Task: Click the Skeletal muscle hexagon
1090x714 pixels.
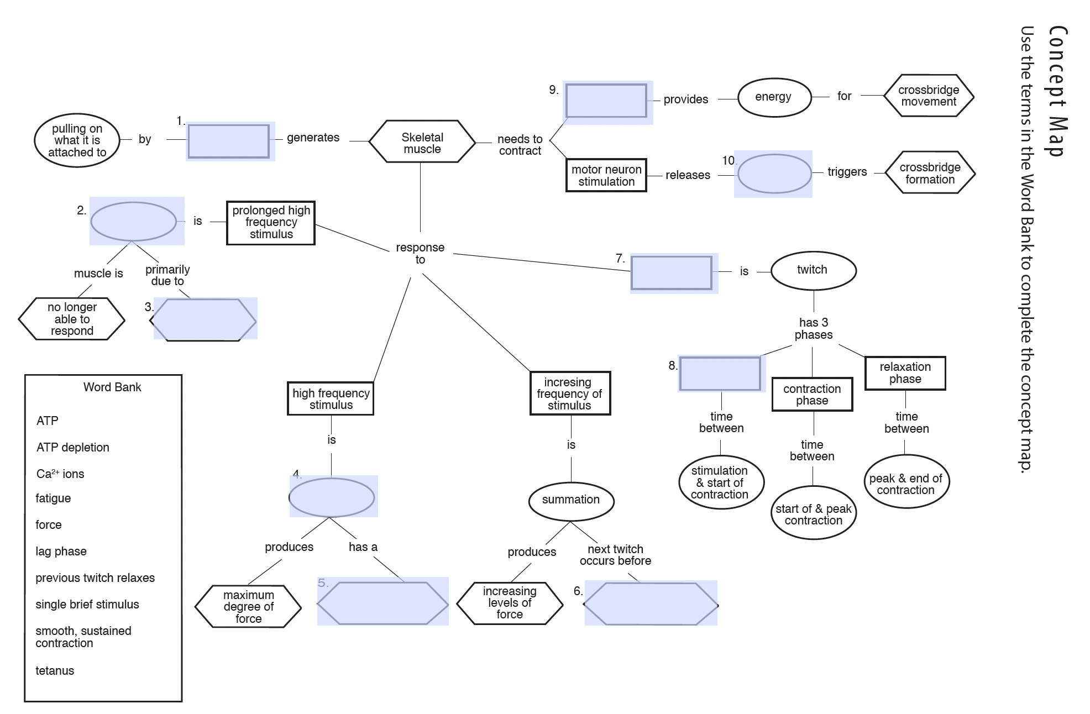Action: [422, 142]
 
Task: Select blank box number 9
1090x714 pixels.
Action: [606, 101]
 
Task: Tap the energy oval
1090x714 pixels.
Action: [774, 97]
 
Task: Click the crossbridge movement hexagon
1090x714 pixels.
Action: [928, 96]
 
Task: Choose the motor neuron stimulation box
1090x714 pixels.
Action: [606, 175]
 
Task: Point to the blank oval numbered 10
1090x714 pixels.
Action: [774, 174]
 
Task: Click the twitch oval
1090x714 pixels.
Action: [813, 270]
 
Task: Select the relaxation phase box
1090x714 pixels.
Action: [905, 373]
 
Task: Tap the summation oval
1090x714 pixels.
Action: [570, 500]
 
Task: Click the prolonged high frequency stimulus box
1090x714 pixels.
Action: [271, 222]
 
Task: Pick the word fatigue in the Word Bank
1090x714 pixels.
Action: [53, 498]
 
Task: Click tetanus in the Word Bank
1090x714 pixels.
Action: [55, 671]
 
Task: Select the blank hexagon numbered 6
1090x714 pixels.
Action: [651, 603]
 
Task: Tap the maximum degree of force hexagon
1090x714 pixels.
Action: [248, 607]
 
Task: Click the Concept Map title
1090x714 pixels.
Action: [1057, 91]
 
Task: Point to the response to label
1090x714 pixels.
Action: [420, 254]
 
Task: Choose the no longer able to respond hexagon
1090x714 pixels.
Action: [72, 319]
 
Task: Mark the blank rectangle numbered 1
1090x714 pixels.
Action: [229, 141]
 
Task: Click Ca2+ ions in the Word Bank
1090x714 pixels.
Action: [60, 474]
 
